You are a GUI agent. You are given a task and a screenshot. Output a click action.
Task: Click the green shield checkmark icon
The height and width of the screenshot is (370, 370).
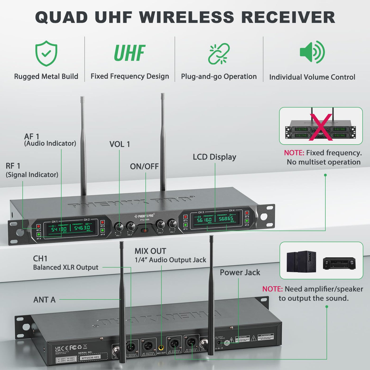click(46, 53)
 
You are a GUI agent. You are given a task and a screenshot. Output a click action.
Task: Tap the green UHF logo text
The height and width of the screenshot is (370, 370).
click(129, 53)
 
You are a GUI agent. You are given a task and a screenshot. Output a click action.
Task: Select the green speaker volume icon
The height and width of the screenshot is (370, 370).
click(312, 52)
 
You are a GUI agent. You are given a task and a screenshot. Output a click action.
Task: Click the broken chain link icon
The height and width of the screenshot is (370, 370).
click(219, 54)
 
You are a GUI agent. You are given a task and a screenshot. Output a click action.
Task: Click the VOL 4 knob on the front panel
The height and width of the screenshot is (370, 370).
click(172, 224)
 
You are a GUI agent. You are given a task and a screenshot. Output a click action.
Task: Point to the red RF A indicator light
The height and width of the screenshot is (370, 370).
click(39, 226)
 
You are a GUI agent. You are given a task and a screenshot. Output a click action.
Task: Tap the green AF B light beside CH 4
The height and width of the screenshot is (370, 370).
click(247, 221)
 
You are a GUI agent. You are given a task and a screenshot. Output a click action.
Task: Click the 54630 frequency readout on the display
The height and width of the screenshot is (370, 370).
click(82, 228)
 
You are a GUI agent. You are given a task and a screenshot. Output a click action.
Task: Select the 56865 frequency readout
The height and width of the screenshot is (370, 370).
click(226, 219)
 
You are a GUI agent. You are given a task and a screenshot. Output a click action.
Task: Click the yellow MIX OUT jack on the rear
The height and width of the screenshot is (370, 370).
click(161, 347)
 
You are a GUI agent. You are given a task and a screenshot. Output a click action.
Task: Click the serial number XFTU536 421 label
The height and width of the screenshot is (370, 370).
click(90, 358)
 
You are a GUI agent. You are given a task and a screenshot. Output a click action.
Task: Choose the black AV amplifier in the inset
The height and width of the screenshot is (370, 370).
click(339, 263)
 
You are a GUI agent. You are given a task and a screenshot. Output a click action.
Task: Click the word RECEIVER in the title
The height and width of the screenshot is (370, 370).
click(288, 17)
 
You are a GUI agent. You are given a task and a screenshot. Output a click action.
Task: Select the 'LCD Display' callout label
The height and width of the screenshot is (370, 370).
click(214, 157)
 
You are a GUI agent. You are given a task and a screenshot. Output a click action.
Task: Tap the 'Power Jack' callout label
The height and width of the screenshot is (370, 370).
click(240, 272)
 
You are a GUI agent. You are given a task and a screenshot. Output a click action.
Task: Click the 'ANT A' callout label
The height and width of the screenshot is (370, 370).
click(44, 299)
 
